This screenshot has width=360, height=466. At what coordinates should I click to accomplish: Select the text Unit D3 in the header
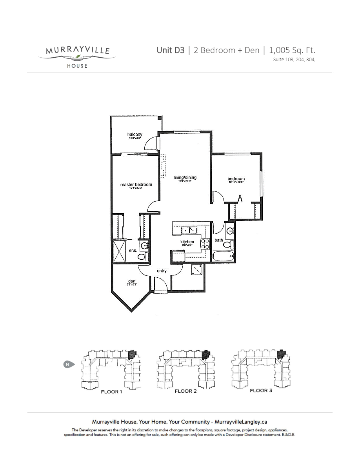click(x=170, y=50)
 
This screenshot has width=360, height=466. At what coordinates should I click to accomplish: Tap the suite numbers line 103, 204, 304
click(x=294, y=60)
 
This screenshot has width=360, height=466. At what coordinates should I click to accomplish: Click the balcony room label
click(x=135, y=135)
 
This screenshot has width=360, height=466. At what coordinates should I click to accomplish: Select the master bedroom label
click(x=136, y=185)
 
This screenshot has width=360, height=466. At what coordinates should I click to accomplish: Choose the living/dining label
click(x=185, y=178)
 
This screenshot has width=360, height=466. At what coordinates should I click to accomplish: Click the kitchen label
click(x=187, y=242)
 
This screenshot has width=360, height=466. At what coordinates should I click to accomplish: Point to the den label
click(x=132, y=281)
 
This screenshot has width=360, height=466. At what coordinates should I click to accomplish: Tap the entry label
click(x=162, y=271)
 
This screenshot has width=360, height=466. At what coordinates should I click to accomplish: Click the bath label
click(x=218, y=240)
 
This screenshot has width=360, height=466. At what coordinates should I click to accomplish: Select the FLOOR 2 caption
click(x=185, y=391)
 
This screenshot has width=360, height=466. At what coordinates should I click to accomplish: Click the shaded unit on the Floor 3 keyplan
click(x=281, y=354)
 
